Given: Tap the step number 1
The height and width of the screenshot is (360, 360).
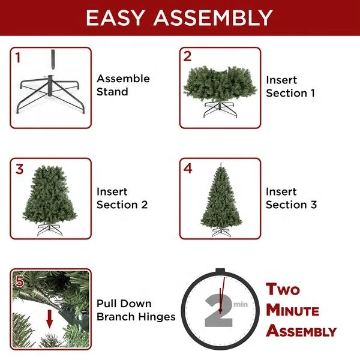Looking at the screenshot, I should tap(18, 58).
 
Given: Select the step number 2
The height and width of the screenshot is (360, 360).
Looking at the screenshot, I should tap(187, 57).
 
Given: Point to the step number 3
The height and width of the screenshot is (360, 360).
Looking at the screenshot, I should tap(19, 169).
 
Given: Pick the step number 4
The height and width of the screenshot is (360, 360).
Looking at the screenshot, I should tap(188, 169).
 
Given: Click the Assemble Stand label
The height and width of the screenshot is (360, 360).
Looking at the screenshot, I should tap(123, 85).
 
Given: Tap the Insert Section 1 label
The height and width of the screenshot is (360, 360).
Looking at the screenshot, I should tap(290, 86).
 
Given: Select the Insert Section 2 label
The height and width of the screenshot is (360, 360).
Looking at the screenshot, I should tap(122, 198).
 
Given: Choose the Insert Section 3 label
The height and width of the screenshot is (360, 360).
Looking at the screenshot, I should tap(291, 198).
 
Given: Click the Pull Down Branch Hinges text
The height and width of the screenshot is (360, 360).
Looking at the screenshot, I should tap(136, 310).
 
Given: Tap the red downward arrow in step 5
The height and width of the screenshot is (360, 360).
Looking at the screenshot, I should tap(49, 319).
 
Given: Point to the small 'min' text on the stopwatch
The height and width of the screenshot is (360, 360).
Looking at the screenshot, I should tap(241, 304).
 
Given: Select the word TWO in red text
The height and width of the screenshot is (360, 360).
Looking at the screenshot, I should tap(283, 290).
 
